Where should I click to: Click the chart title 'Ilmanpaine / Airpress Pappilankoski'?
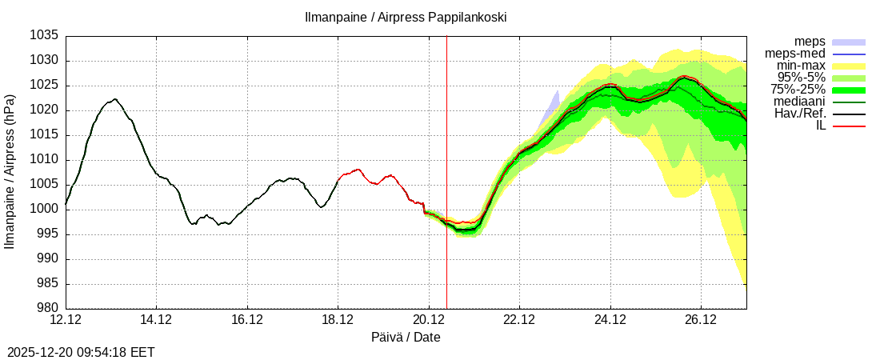click(406, 17)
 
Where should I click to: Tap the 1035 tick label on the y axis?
click(45, 36)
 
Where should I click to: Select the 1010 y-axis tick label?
click(45, 160)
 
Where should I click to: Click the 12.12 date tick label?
click(66, 320)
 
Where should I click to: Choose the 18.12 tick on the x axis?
click(338, 320)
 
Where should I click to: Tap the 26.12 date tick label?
click(701, 320)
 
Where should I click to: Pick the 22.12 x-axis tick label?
click(519, 320)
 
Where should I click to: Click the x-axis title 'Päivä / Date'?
click(406, 338)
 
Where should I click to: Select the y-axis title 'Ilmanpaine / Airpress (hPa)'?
click(10, 172)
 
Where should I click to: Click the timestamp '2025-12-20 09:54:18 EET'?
click(81, 352)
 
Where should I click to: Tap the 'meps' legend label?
click(810, 42)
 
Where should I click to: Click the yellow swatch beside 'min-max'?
click(849, 66)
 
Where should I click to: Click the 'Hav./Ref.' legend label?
click(800, 114)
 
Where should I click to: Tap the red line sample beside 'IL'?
click(849, 126)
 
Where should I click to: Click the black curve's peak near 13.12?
click(115, 99)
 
